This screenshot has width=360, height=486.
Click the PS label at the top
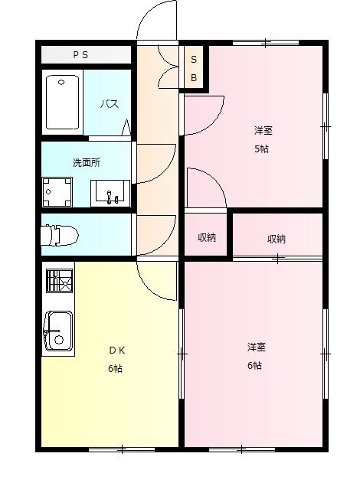80,55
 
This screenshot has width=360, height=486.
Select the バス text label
107,104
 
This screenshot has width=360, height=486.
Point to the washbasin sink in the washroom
111,194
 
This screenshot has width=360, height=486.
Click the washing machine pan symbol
57,191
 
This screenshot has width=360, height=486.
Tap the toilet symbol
57,236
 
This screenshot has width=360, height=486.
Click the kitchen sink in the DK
57,331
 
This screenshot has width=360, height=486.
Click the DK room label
116,351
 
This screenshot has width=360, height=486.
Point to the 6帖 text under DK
116,368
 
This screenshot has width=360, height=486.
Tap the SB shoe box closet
194,69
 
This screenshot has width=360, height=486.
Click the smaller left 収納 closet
206,237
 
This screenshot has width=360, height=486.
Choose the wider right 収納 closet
277,238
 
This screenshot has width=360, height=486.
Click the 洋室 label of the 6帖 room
256,347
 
